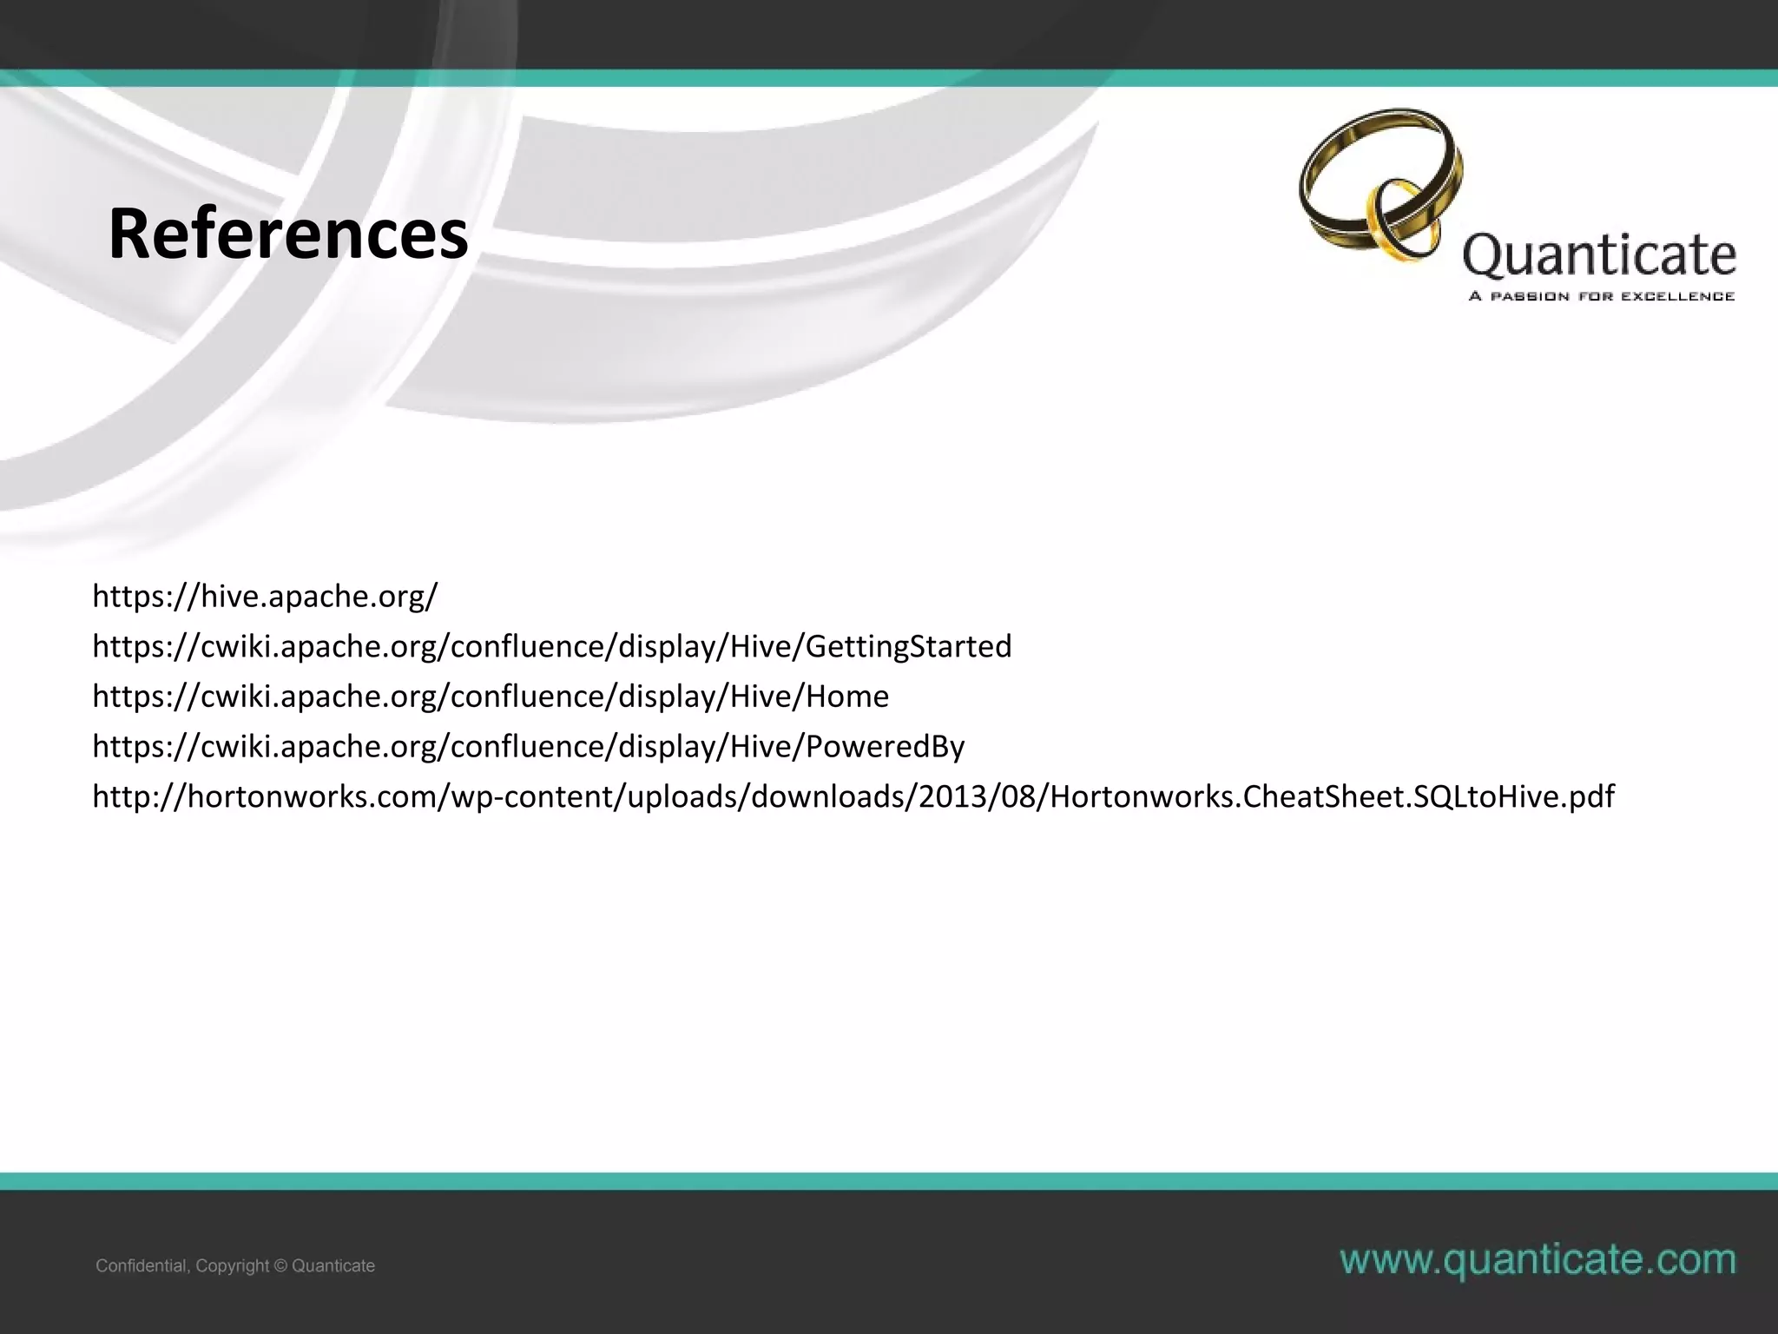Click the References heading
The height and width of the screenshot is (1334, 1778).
288,234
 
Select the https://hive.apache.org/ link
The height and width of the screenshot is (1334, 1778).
265,596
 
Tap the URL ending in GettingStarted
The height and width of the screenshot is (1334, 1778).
552,646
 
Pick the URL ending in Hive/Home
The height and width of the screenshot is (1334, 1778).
491,697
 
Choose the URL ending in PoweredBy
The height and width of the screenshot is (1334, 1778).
528,747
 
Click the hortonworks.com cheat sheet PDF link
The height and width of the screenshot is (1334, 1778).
853,796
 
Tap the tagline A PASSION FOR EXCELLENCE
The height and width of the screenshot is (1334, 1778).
1601,297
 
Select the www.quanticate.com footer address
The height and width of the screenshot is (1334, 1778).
1538,1259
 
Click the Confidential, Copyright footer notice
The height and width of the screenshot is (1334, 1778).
235,1266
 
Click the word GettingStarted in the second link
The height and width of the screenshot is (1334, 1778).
909,646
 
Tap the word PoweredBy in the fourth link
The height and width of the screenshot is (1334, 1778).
885,747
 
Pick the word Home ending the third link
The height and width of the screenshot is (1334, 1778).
847,697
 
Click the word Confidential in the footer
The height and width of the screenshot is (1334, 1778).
141,1266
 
